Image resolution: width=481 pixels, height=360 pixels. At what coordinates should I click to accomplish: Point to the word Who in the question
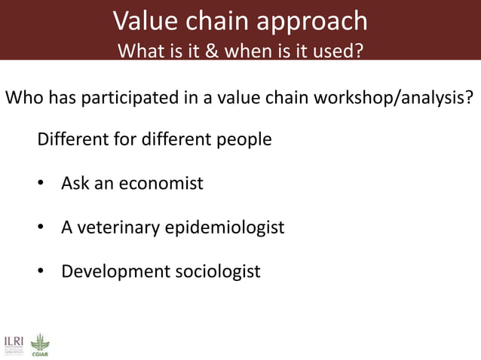(x=23, y=99)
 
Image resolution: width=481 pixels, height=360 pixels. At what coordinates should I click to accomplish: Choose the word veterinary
(x=118, y=227)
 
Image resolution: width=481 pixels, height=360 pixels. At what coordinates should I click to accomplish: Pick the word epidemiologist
(x=224, y=227)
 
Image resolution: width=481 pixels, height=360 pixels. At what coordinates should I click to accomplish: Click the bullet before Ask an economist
(x=42, y=184)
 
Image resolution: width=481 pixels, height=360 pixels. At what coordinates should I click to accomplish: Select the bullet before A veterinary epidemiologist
(x=42, y=227)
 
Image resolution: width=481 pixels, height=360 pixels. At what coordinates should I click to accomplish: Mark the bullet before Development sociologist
(x=42, y=271)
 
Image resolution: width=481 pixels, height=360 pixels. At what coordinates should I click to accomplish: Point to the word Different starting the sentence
(x=72, y=140)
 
